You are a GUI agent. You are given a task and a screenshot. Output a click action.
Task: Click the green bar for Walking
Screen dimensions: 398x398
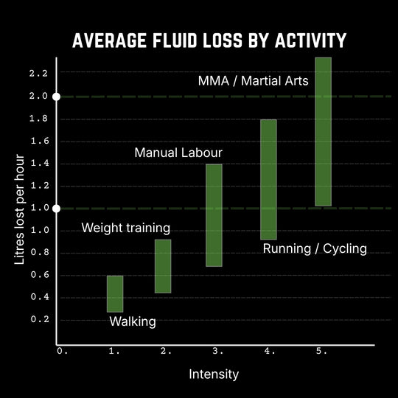[x=115, y=293]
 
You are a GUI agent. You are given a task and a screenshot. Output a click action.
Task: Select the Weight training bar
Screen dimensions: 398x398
[x=163, y=266]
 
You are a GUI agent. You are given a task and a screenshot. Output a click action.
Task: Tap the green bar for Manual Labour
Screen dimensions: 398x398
[x=214, y=214]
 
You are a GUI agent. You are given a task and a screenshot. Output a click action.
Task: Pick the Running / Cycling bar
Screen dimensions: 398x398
[x=268, y=179]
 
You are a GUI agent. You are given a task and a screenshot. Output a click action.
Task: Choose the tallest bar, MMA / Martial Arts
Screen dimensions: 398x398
[x=323, y=131]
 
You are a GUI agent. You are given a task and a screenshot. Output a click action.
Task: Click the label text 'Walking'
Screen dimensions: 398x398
[x=133, y=321]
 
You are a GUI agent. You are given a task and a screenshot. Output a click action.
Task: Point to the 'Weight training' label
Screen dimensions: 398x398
[x=125, y=228]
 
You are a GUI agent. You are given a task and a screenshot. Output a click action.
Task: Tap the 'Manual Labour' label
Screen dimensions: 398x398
[x=178, y=153]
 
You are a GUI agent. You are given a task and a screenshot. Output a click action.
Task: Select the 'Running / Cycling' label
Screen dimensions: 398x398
[x=315, y=248]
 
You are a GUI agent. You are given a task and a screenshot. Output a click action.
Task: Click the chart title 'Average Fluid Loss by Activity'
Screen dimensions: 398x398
[x=199, y=41]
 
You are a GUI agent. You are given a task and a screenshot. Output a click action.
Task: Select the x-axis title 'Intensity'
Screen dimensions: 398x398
[x=214, y=374]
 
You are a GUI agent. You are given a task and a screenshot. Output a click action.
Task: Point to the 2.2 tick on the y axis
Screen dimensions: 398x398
[x=39, y=73]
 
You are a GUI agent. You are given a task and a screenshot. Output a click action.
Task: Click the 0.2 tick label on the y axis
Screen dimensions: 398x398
[x=39, y=320]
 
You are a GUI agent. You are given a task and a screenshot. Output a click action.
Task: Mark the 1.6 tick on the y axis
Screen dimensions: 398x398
[x=39, y=141]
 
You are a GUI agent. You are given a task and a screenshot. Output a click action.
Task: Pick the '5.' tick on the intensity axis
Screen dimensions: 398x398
[x=322, y=352]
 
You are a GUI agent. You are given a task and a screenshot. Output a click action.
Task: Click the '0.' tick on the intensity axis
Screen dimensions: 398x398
[x=62, y=352]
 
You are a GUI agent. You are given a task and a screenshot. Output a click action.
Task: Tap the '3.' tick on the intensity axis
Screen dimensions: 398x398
[x=218, y=352]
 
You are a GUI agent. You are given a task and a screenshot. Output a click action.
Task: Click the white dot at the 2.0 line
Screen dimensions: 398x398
[x=57, y=97]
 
